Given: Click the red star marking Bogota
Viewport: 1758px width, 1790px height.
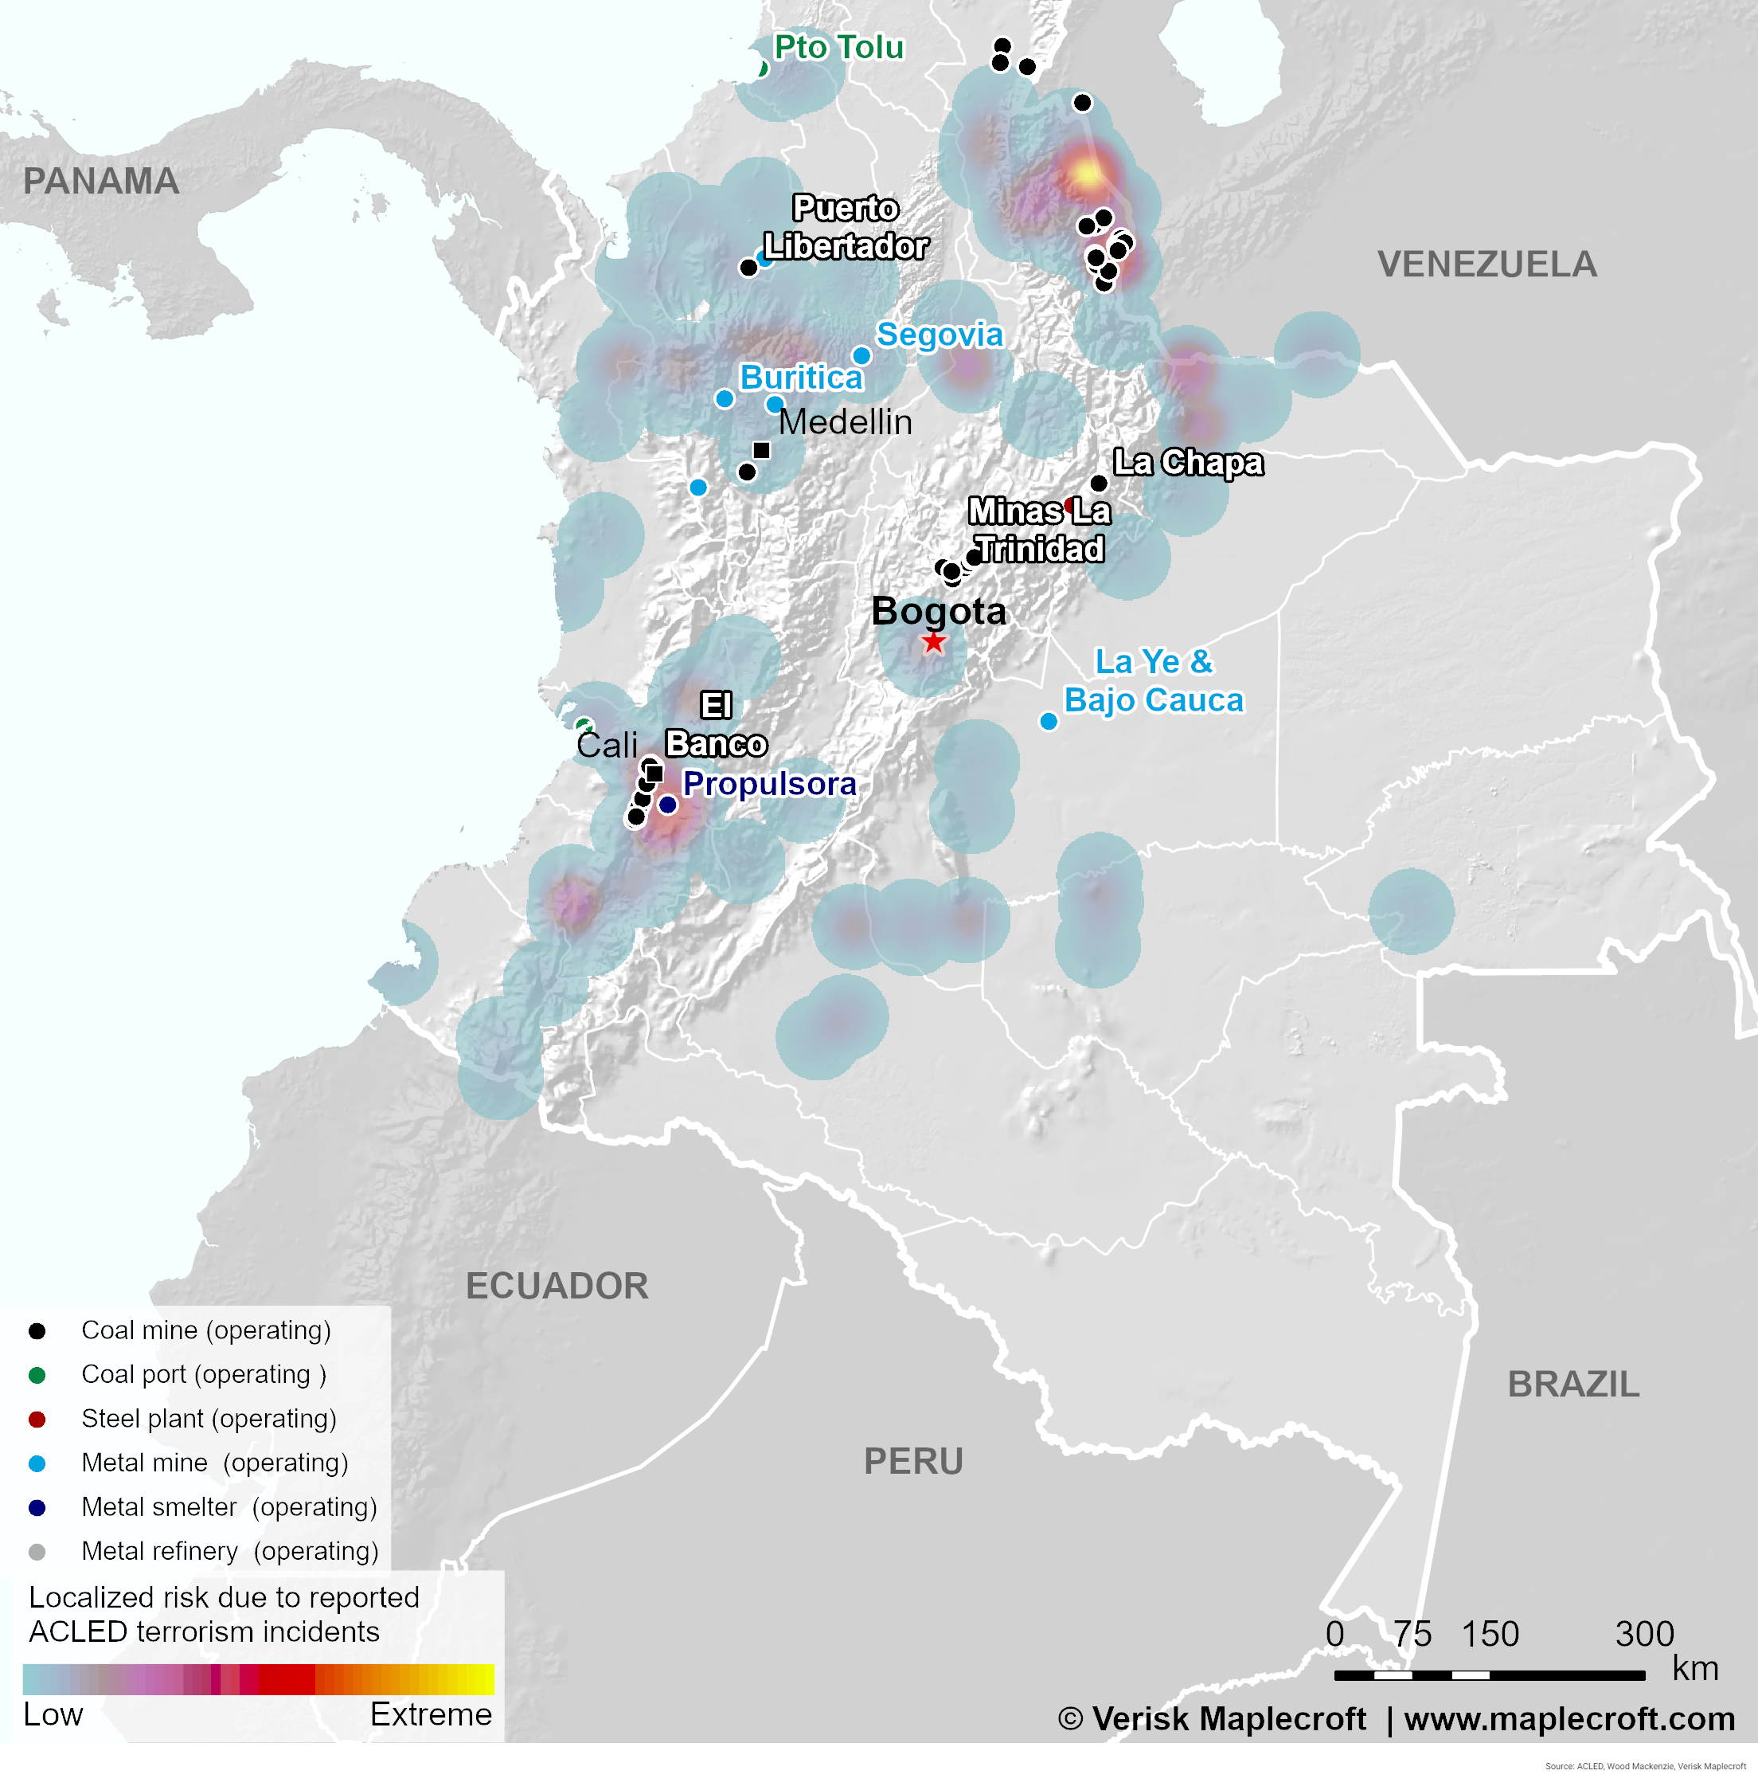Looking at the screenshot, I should point(933,642).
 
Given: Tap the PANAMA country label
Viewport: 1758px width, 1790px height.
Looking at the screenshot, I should point(100,181).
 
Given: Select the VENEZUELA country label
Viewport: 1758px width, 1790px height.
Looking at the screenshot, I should point(1486,265).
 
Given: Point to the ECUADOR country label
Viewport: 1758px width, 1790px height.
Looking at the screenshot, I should point(557,1286).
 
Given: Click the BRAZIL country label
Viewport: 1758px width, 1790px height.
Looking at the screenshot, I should point(1573,1385).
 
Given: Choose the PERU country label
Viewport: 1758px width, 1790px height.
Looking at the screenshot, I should point(913,1461).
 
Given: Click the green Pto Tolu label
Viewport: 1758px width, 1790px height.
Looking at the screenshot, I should point(838,47).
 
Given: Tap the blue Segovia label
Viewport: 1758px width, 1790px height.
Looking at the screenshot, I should point(939,335).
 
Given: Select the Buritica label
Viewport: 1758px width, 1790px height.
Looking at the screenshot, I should point(800,378).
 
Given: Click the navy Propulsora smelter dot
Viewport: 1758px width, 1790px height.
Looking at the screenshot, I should point(667,805).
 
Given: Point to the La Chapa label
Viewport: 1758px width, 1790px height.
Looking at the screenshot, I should point(1187,462).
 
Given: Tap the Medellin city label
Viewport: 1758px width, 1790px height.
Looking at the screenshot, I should point(845,422).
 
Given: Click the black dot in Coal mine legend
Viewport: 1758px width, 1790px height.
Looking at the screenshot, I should point(37,1331).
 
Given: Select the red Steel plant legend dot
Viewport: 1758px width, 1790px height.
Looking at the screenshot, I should point(37,1419).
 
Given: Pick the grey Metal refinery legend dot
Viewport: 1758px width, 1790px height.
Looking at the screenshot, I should point(37,1552).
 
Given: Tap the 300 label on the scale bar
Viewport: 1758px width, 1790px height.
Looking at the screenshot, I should point(1644,1634).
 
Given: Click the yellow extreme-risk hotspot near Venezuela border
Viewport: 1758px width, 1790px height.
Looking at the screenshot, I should point(1088,174).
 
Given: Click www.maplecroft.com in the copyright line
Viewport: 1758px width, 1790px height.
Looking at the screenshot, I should point(1569,1719).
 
